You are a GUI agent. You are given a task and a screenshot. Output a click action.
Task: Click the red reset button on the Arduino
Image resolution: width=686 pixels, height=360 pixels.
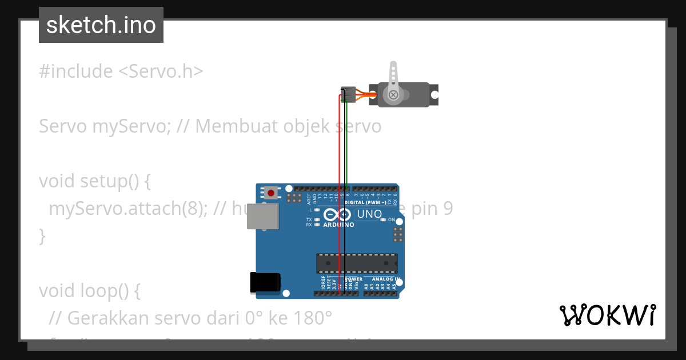pos(270,193)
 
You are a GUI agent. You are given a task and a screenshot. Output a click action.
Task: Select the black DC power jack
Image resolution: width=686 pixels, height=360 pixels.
pos(265,283)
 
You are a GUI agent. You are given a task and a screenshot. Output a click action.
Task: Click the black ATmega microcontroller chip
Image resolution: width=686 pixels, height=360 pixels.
pos(357,263)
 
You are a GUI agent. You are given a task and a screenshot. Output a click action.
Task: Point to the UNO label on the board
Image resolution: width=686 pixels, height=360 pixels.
pos(369,215)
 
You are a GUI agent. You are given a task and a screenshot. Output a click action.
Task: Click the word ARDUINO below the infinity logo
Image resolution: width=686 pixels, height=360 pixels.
pos(338,225)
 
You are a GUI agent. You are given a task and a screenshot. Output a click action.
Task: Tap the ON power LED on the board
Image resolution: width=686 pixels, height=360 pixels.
pos(384,219)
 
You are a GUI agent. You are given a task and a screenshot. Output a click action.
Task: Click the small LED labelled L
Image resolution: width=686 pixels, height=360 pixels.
pos(317,210)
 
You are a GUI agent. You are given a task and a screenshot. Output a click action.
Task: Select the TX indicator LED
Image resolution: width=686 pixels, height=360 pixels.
pos(317,219)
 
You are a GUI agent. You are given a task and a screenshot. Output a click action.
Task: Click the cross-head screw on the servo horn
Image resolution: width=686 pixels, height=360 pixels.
pos(393,95)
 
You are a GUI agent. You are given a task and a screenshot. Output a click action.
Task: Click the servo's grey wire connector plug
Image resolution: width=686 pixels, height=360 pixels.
pos(348,94)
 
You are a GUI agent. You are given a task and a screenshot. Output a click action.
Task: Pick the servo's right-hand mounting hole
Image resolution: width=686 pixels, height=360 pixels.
pos(434,94)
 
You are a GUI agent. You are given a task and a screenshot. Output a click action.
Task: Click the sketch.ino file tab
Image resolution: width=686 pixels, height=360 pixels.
pos(101,25)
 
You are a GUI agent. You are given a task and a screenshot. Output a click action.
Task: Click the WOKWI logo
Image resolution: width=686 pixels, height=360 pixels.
pos(608,315)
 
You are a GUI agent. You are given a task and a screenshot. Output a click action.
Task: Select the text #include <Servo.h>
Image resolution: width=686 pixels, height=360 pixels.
pos(121,71)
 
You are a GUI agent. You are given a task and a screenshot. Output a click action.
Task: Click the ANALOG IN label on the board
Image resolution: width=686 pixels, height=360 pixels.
pos(383,279)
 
